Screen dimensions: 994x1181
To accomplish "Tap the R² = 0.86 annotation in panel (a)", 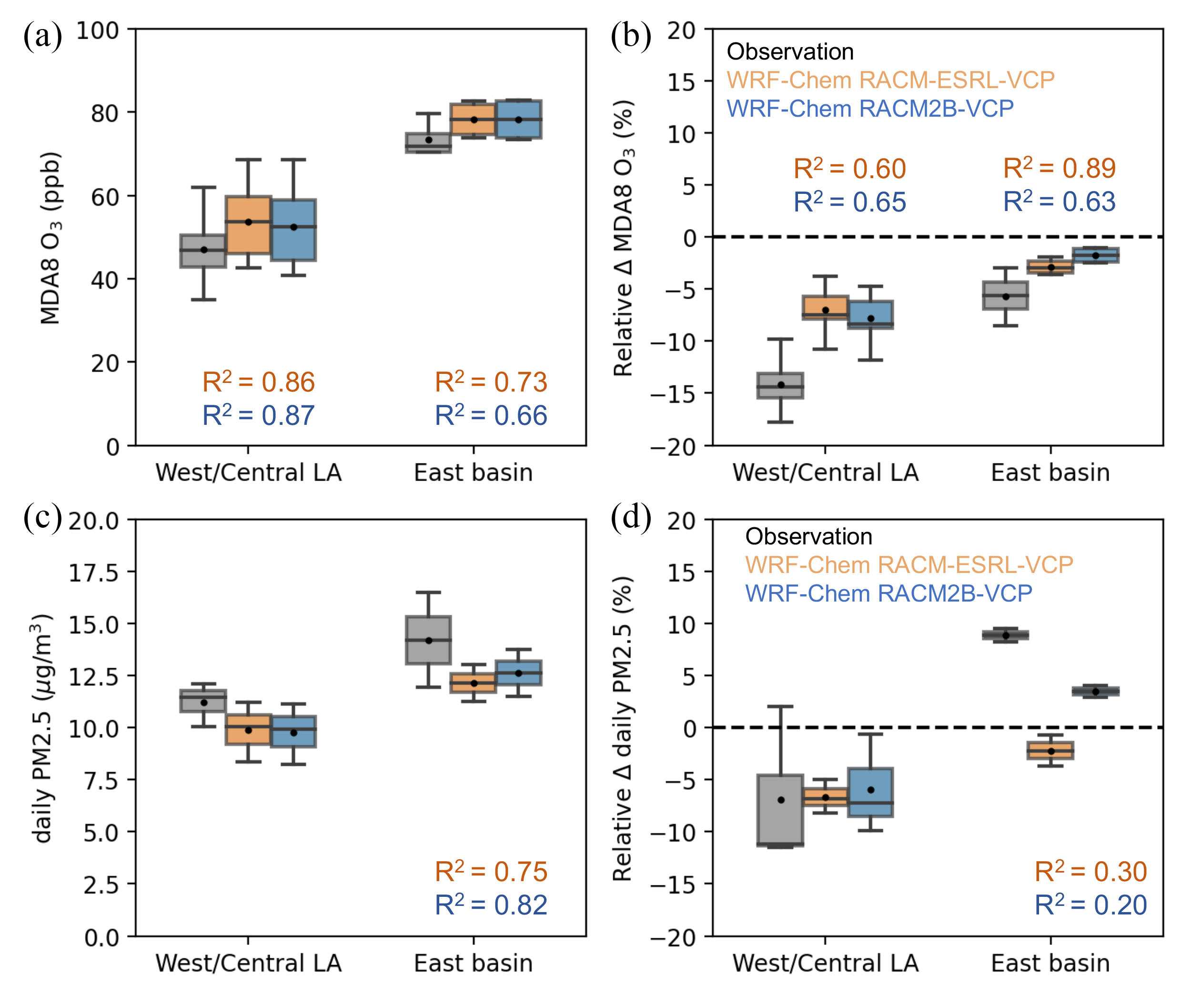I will [258, 382].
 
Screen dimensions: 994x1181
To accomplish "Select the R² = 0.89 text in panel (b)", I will [1059, 168].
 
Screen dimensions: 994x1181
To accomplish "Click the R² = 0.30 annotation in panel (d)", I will [1090, 872].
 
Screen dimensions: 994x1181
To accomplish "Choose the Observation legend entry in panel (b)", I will [790, 52].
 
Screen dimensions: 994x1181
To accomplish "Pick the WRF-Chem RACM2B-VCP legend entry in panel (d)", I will [888, 593].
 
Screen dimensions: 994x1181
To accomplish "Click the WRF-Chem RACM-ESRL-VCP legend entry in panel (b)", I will [890, 80].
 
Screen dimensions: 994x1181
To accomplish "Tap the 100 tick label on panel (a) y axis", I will [97, 30].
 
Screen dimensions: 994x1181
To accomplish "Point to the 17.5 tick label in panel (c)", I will [93, 573].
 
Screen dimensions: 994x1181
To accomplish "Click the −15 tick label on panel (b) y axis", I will [673, 393].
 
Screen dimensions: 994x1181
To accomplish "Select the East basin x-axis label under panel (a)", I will [473, 472].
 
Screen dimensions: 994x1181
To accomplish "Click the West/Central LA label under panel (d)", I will [825, 963].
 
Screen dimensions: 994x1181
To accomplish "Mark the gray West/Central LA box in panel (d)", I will [780, 810].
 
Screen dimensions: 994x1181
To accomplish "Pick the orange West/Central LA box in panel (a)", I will [248, 225].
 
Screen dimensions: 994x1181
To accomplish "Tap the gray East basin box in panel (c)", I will [428, 640].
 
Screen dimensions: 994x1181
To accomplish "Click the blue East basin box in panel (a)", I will [519, 119].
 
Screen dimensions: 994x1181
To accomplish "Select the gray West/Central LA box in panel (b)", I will [780, 385].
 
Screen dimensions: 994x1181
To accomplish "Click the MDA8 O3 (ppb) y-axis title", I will [50, 238].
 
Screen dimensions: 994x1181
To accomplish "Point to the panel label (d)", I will [631, 517].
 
